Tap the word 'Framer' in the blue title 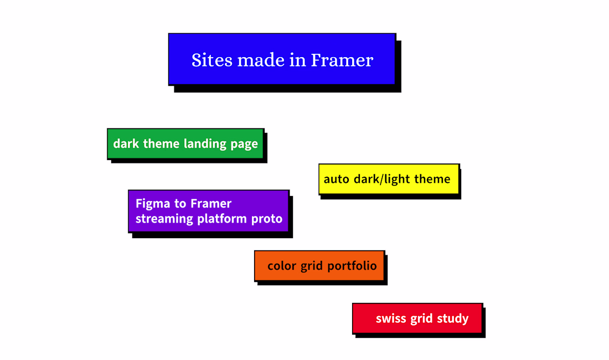pos(342,60)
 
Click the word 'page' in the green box pos(244,145)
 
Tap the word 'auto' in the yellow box pos(337,179)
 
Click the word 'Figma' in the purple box pos(153,204)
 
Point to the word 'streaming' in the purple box pos(164,219)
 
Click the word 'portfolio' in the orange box pos(352,266)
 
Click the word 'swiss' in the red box pos(391,319)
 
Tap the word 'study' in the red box pos(453,319)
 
